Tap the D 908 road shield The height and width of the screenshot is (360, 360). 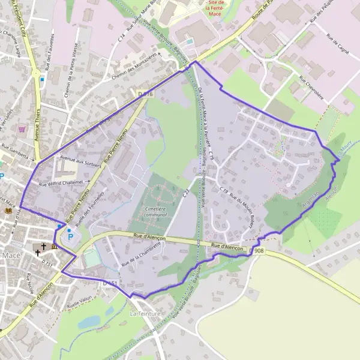[x=258, y=251]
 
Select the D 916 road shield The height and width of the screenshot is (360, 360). [x=145, y=94]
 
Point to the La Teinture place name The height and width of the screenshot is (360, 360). [x=143, y=314]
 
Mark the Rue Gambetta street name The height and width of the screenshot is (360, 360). [x=16, y=146]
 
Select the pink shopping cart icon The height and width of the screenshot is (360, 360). [x=22, y=128]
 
